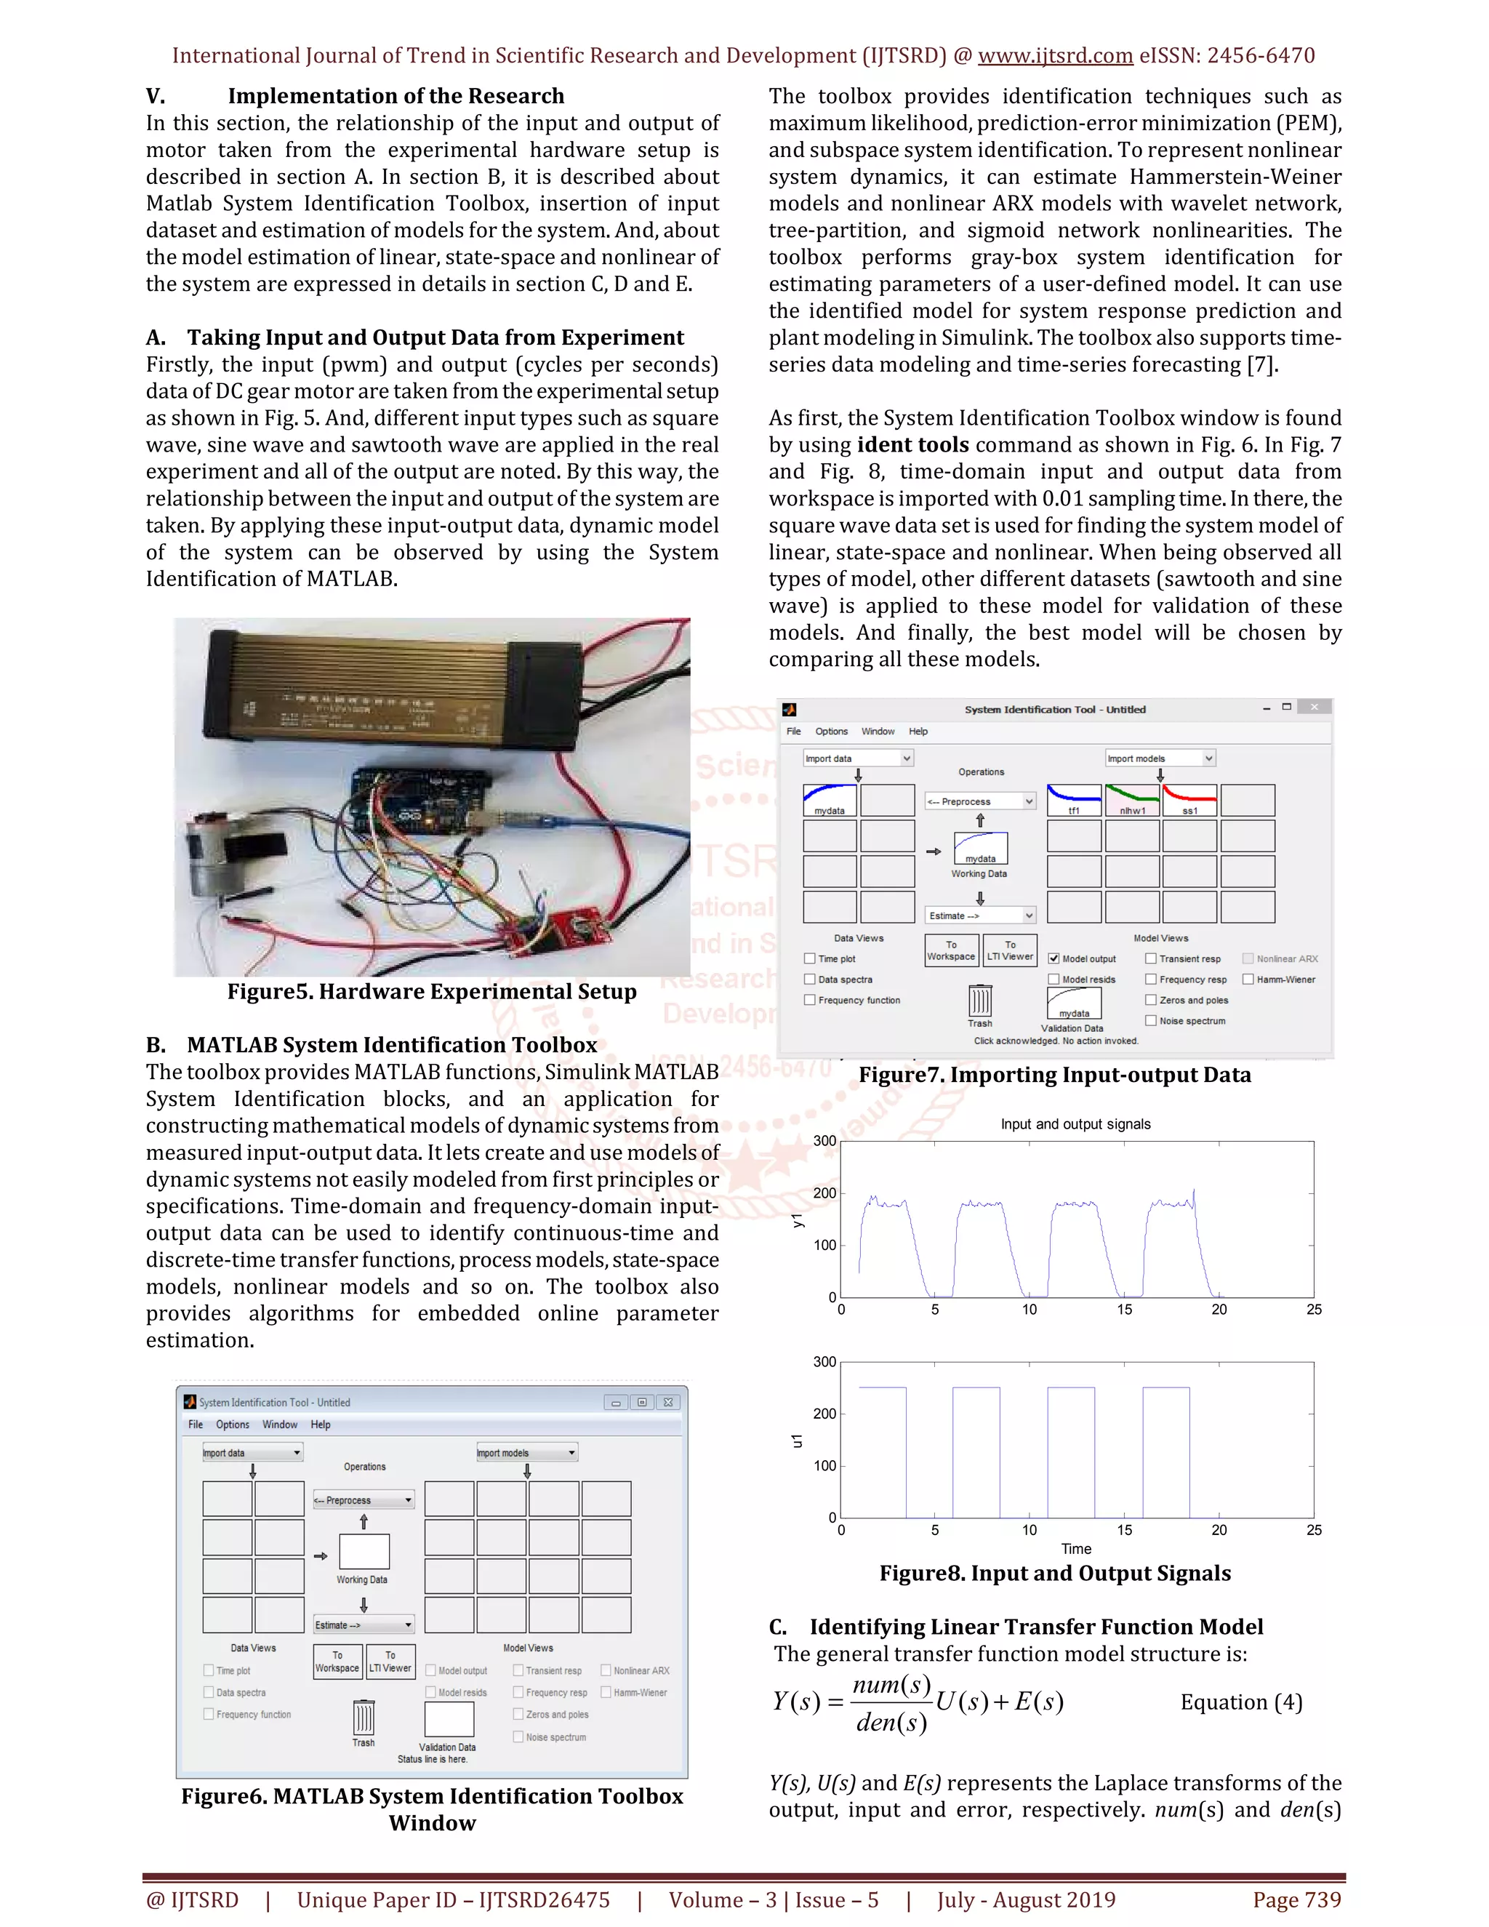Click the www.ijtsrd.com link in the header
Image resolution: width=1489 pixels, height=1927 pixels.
click(x=1055, y=55)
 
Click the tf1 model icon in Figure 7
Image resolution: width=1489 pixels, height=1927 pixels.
click(x=1074, y=799)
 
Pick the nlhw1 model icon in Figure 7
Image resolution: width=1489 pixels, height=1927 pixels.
click(x=1132, y=799)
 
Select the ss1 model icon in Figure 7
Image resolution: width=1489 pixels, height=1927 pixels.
click(x=1189, y=799)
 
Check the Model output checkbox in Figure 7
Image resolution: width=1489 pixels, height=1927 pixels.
click(x=1053, y=958)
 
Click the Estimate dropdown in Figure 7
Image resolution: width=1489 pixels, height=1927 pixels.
click(x=979, y=916)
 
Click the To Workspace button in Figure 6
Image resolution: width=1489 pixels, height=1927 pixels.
click(x=337, y=1662)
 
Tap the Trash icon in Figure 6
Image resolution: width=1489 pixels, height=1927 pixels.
click(x=364, y=1719)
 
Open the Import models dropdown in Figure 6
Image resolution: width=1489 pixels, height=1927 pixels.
click(x=526, y=1452)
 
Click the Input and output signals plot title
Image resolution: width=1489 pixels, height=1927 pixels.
click(x=1075, y=1124)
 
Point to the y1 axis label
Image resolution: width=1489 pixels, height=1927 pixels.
click(x=798, y=1220)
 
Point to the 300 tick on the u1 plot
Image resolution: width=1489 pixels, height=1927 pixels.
click(x=824, y=1362)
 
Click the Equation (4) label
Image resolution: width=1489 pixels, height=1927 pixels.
click(x=1241, y=1702)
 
